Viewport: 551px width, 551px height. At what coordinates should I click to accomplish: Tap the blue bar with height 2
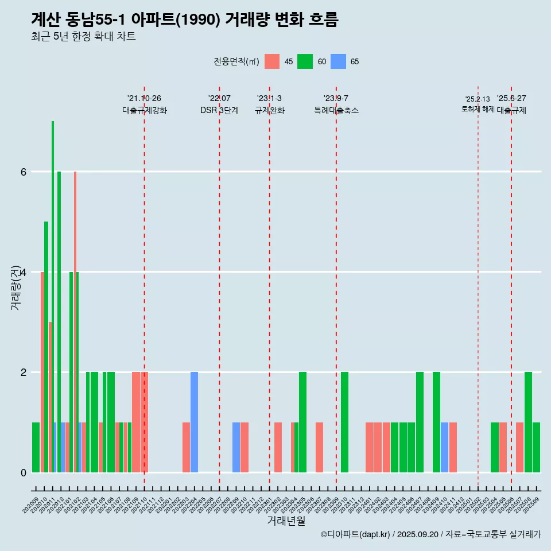(x=194, y=422)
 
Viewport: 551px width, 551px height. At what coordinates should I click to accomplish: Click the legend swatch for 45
(x=272, y=61)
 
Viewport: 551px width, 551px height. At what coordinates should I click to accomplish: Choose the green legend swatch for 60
(x=305, y=61)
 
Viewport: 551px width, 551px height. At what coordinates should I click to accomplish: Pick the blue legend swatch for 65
(x=338, y=61)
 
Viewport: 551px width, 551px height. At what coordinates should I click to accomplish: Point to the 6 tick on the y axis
(x=23, y=172)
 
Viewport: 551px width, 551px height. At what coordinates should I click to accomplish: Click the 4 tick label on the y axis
(x=23, y=272)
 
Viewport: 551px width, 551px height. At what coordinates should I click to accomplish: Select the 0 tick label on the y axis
(x=23, y=472)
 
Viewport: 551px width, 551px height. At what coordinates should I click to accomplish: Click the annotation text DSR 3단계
(x=219, y=110)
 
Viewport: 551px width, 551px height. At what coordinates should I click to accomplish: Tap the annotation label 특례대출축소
(x=336, y=110)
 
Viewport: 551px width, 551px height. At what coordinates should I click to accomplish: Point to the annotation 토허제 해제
(x=478, y=108)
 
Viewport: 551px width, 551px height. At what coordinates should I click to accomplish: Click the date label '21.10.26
(x=144, y=98)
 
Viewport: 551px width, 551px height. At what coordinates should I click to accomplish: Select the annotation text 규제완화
(x=269, y=110)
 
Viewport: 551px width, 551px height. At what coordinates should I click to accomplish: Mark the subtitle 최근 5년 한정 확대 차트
(x=83, y=37)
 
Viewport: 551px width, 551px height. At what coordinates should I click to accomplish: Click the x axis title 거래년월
(x=286, y=521)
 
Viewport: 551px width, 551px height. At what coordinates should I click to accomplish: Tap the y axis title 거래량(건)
(x=15, y=287)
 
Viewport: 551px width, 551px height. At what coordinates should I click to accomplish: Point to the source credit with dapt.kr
(x=430, y=534)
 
